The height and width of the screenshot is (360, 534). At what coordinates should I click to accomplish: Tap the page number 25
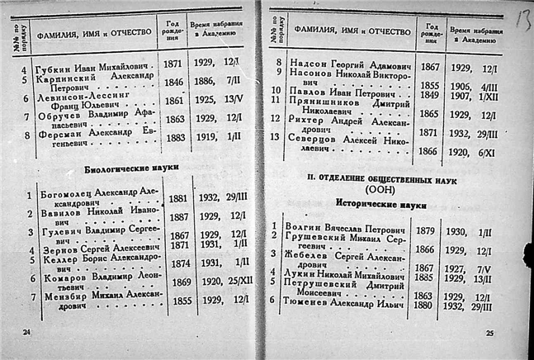click(x=489, y=333)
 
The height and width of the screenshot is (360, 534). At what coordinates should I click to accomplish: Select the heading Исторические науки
click(x=380, y=201)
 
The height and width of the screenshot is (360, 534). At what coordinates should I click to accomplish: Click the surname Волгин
click(x=303, y=224)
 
